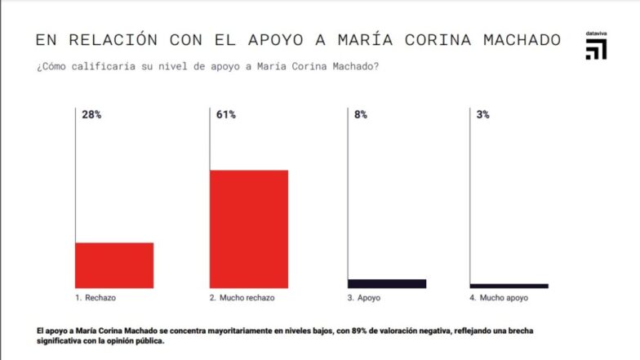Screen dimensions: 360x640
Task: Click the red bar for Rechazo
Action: click(x=114, y=265)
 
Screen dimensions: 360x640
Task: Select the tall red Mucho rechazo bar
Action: click(x=249, y=229)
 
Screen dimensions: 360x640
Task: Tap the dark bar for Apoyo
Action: click(x=387, y=283)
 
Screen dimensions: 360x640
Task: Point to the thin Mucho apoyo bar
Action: click(x=509, y=286)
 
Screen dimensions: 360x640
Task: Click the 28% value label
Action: click(x=91, y=115)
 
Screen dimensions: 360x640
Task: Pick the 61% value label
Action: click(x=226, y=115)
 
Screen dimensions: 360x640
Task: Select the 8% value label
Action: click(x=360, y=115)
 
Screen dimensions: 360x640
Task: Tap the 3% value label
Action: click(x=482, y=115)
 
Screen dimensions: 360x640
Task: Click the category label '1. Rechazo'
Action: click(x=96, y=298)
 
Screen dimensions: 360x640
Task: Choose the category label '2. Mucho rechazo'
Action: click(x=242, y=298)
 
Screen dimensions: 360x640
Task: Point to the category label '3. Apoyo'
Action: click(x=364, y=298)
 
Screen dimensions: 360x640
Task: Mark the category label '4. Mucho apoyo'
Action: click(x=499, y=298)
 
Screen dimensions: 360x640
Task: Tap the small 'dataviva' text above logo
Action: click(x=596, y=33)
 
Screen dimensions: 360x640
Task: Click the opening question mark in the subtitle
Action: click(x=38, y=67)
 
